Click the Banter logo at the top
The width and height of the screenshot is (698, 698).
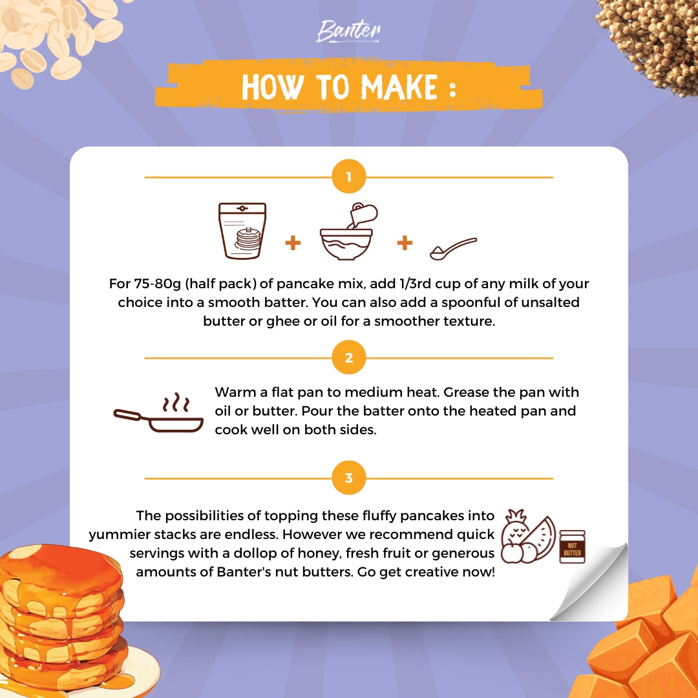click(348, 31)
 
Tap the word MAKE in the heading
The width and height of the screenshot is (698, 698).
click(399, 87)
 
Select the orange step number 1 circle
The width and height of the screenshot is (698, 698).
click(349, 176)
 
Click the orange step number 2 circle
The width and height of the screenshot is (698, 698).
click(349, 357)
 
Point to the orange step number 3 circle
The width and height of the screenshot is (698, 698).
click(349, 478)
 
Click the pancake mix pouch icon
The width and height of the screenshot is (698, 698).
click(242, 231)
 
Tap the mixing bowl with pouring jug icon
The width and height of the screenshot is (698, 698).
click(348, 231)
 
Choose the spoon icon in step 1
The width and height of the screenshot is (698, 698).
click(453, 248)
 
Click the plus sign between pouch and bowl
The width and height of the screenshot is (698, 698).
click(293, 243)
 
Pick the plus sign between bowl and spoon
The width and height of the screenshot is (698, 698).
click(405, 243)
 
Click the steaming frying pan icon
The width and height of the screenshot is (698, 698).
click(158, 412)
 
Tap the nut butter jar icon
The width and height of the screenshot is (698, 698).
click(572, 547)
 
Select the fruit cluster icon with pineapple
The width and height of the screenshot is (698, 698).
click(528, 536)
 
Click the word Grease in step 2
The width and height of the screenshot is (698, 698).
click(466, 392)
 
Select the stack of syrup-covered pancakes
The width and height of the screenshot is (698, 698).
click(62, 619)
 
